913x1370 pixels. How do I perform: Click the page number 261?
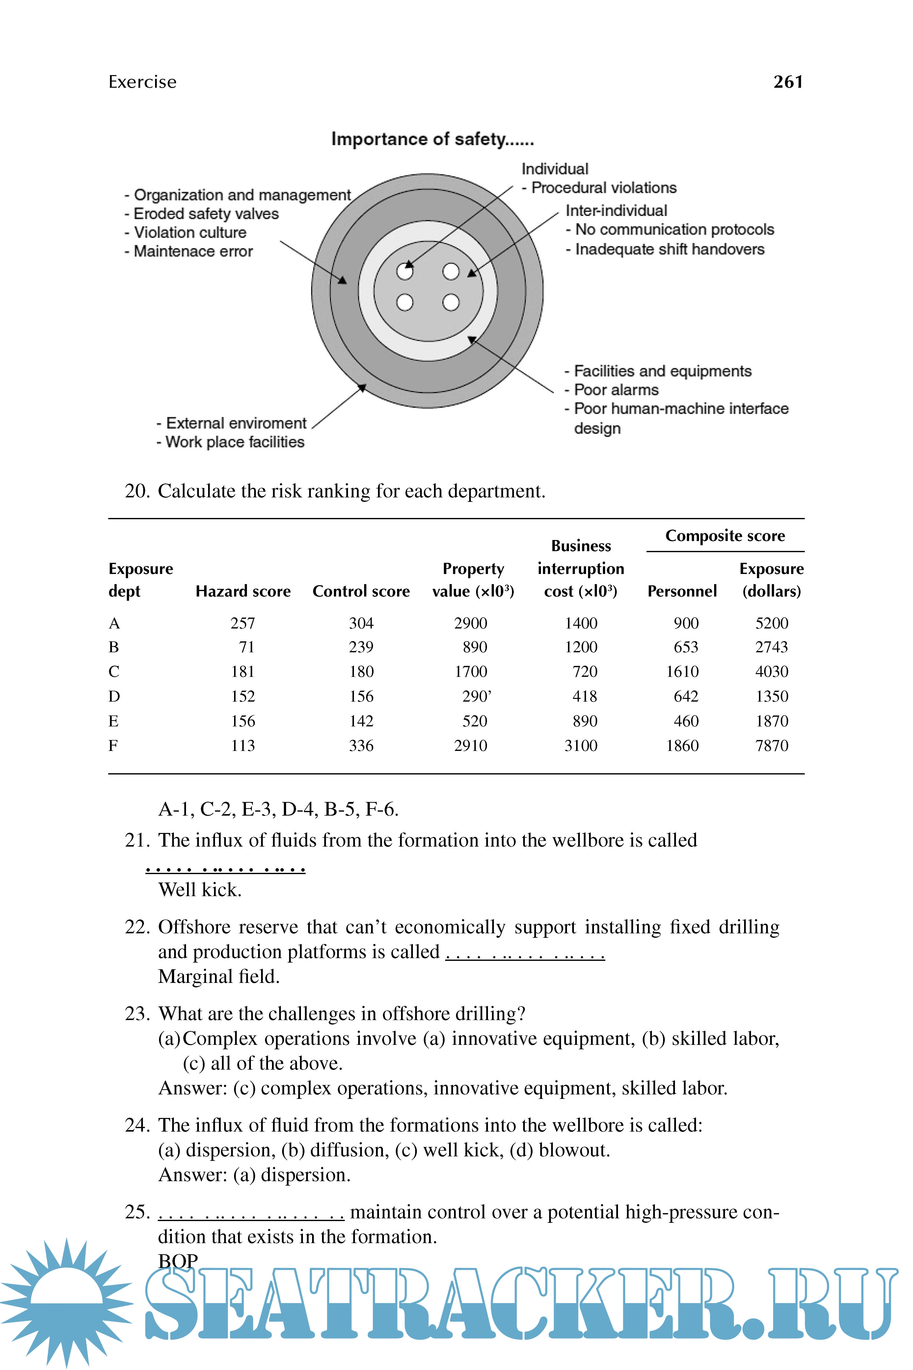click(x=788, y=82)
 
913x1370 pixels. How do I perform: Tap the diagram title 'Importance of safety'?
click(x=432, y=139)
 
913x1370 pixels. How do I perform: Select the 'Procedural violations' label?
click(x=604, y=188)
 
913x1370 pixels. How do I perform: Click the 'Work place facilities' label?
click(x=235, y=442)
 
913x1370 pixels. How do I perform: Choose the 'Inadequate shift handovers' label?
click(x=670, y=249)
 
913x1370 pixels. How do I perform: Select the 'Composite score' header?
click(x=725, y=536)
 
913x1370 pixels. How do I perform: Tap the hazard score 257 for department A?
click(x=243, y=623)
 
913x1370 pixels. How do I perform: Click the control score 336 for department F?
click(x=361, y=745)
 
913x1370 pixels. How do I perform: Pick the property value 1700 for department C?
click(x=470, y=672)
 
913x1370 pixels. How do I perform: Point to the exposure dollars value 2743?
click(x=772, y=647)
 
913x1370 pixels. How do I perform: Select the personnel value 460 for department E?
click(x=686, y=721)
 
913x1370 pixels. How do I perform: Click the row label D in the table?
click(x=114, y=697)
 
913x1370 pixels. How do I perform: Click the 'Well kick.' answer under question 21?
click(x=200, y=890)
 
